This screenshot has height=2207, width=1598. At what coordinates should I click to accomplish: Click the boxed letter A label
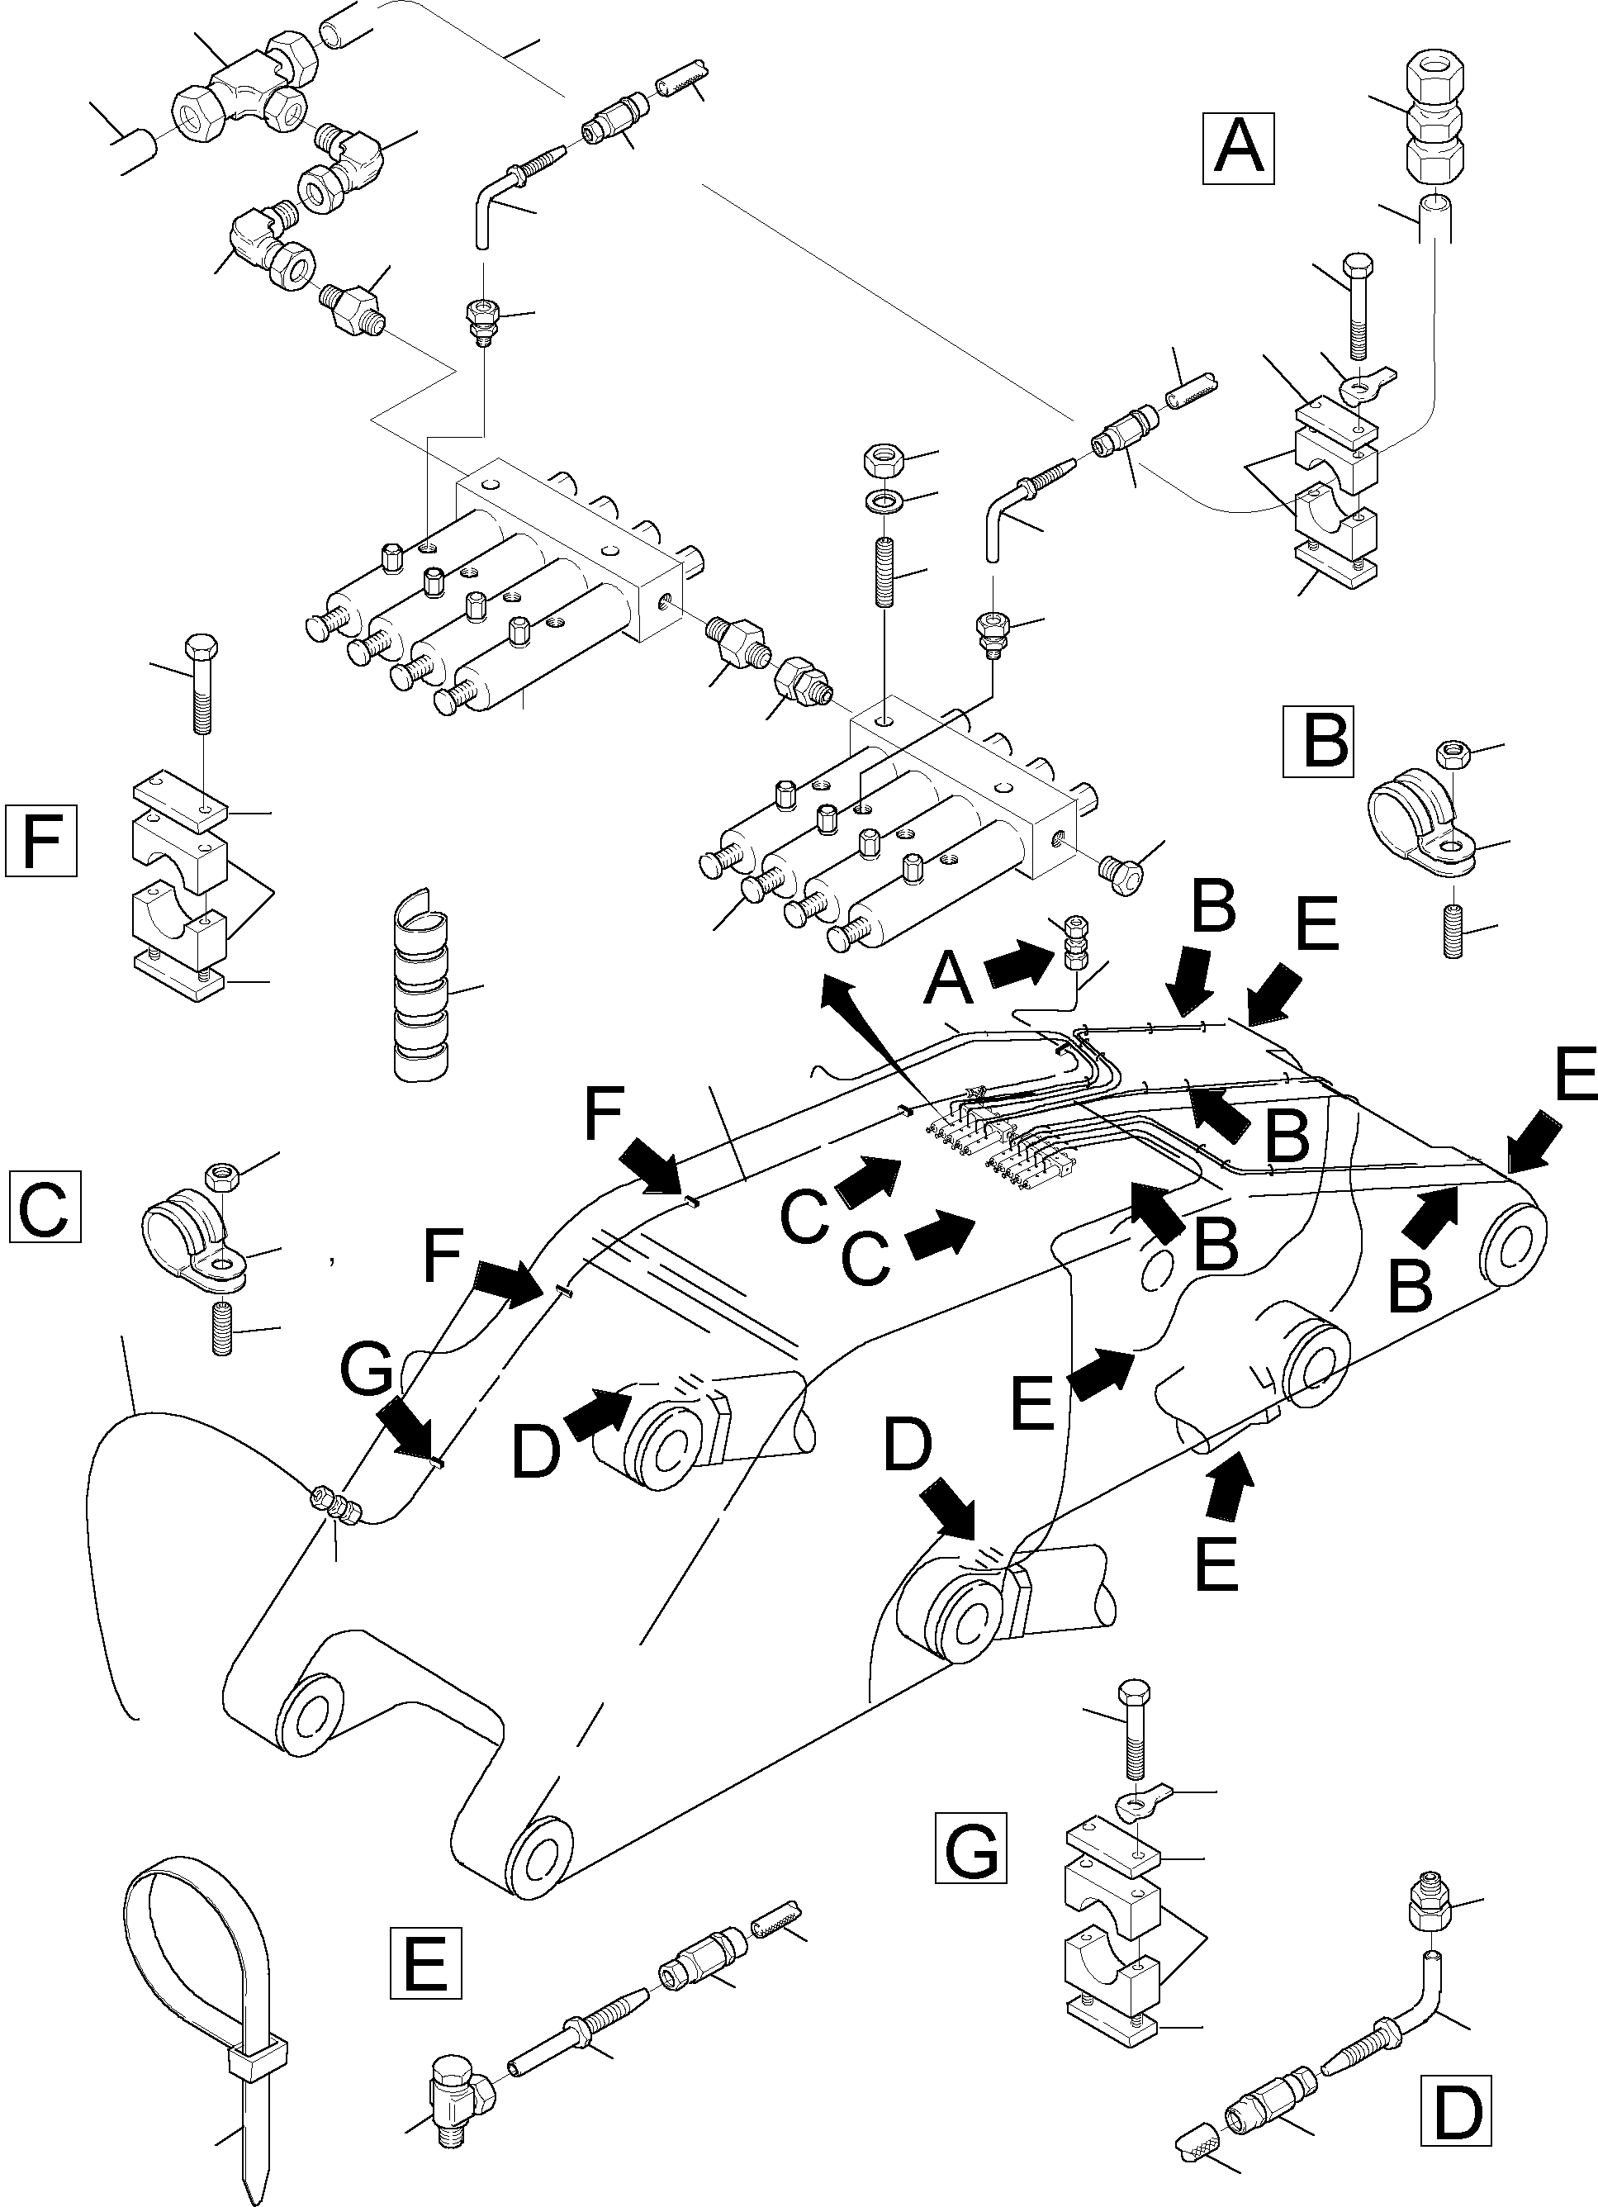click(x=1239, y=147)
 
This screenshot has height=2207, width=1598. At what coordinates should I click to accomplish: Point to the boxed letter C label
click(x=44, y=1207)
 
